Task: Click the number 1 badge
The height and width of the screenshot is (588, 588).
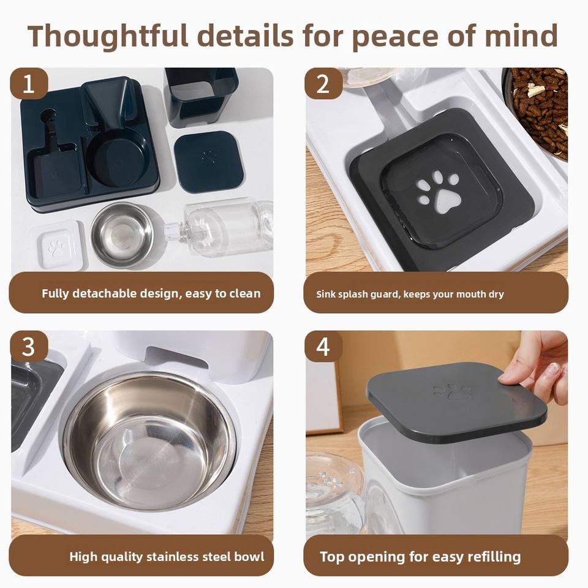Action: coord(29,83)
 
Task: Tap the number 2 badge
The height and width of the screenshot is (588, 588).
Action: coord(323,83)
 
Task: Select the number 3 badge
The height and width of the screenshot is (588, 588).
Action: coord(29,347)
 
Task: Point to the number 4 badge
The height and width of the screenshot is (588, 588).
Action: coord(323,347)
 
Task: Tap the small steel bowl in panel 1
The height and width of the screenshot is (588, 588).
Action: coord(122,235)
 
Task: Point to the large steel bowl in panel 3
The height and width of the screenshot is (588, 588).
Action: coord(149,440)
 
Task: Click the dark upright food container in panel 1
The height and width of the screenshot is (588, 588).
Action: coord(202,97)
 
